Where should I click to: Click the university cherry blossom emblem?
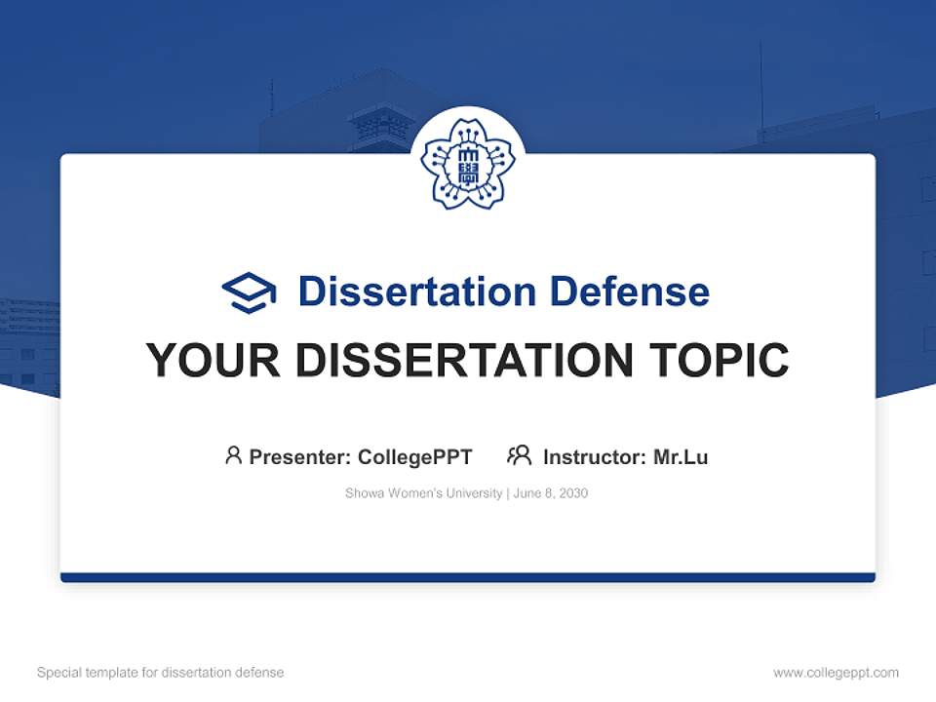(467, 163)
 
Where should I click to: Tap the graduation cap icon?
(249, 292)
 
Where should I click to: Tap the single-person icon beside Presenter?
(233, 455)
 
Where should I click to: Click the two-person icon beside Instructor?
(519, 455)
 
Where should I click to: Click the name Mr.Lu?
(680, 456)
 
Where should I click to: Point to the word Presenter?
(300, 456)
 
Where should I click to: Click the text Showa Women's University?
(423, 493)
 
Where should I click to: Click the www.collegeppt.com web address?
(836, 673)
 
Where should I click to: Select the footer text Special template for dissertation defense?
(161, 673)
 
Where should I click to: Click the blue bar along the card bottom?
(467, 577)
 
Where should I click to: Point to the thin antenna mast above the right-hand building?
(761, 88)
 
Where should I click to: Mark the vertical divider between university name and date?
(507, 493)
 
